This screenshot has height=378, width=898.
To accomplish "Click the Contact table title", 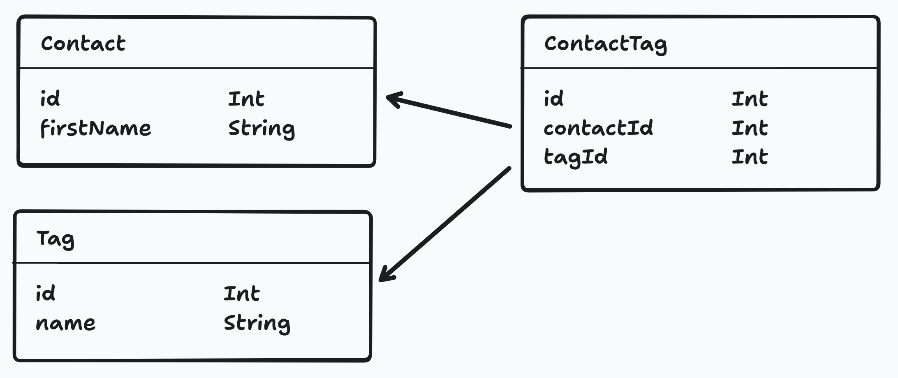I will click(x=83, y=44).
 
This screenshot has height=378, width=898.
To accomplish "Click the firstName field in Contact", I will click(x=95, y=128).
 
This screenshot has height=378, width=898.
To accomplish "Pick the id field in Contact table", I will click(x=50, y=99).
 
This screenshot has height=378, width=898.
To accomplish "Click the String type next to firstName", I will click(x=262, y=129).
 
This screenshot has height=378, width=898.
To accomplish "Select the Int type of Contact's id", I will click(x=246, y=99).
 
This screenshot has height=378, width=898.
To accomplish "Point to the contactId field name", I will click(x=598, y=128).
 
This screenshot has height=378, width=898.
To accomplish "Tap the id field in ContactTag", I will click(x=553, y=99).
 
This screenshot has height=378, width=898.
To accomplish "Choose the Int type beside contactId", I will click(x=750, y=128).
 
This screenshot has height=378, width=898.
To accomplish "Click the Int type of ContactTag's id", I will click(x=750, y=99).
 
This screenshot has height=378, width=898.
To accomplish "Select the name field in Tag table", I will click(x=65, y=323).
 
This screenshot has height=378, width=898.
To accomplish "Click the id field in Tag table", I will click(x=45, y=294).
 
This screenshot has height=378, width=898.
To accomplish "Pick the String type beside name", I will click(x=257, y=323).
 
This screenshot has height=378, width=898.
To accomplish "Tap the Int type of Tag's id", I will click(x=242, y=294).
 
